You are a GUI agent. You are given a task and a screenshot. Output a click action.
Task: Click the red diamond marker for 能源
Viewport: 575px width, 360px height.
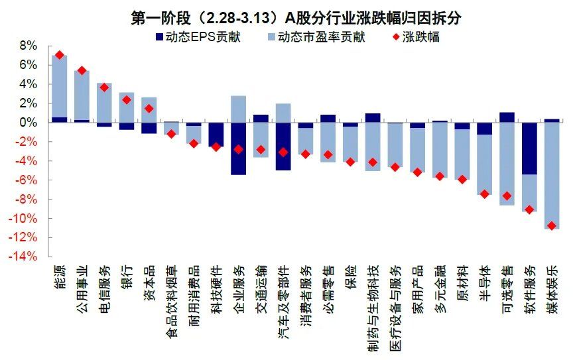[59, 55]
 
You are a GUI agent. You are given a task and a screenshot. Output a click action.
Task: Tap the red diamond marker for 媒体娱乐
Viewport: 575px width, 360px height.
[552, 226]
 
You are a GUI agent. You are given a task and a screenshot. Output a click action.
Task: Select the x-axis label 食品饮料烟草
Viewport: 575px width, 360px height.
[171, 295]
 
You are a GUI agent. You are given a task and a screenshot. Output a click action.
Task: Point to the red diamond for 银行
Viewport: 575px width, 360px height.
[127, 100]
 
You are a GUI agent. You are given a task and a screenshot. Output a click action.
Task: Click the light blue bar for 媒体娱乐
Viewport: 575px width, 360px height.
[552, 176]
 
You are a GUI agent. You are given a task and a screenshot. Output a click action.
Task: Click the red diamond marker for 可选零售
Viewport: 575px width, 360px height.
[507, 196]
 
